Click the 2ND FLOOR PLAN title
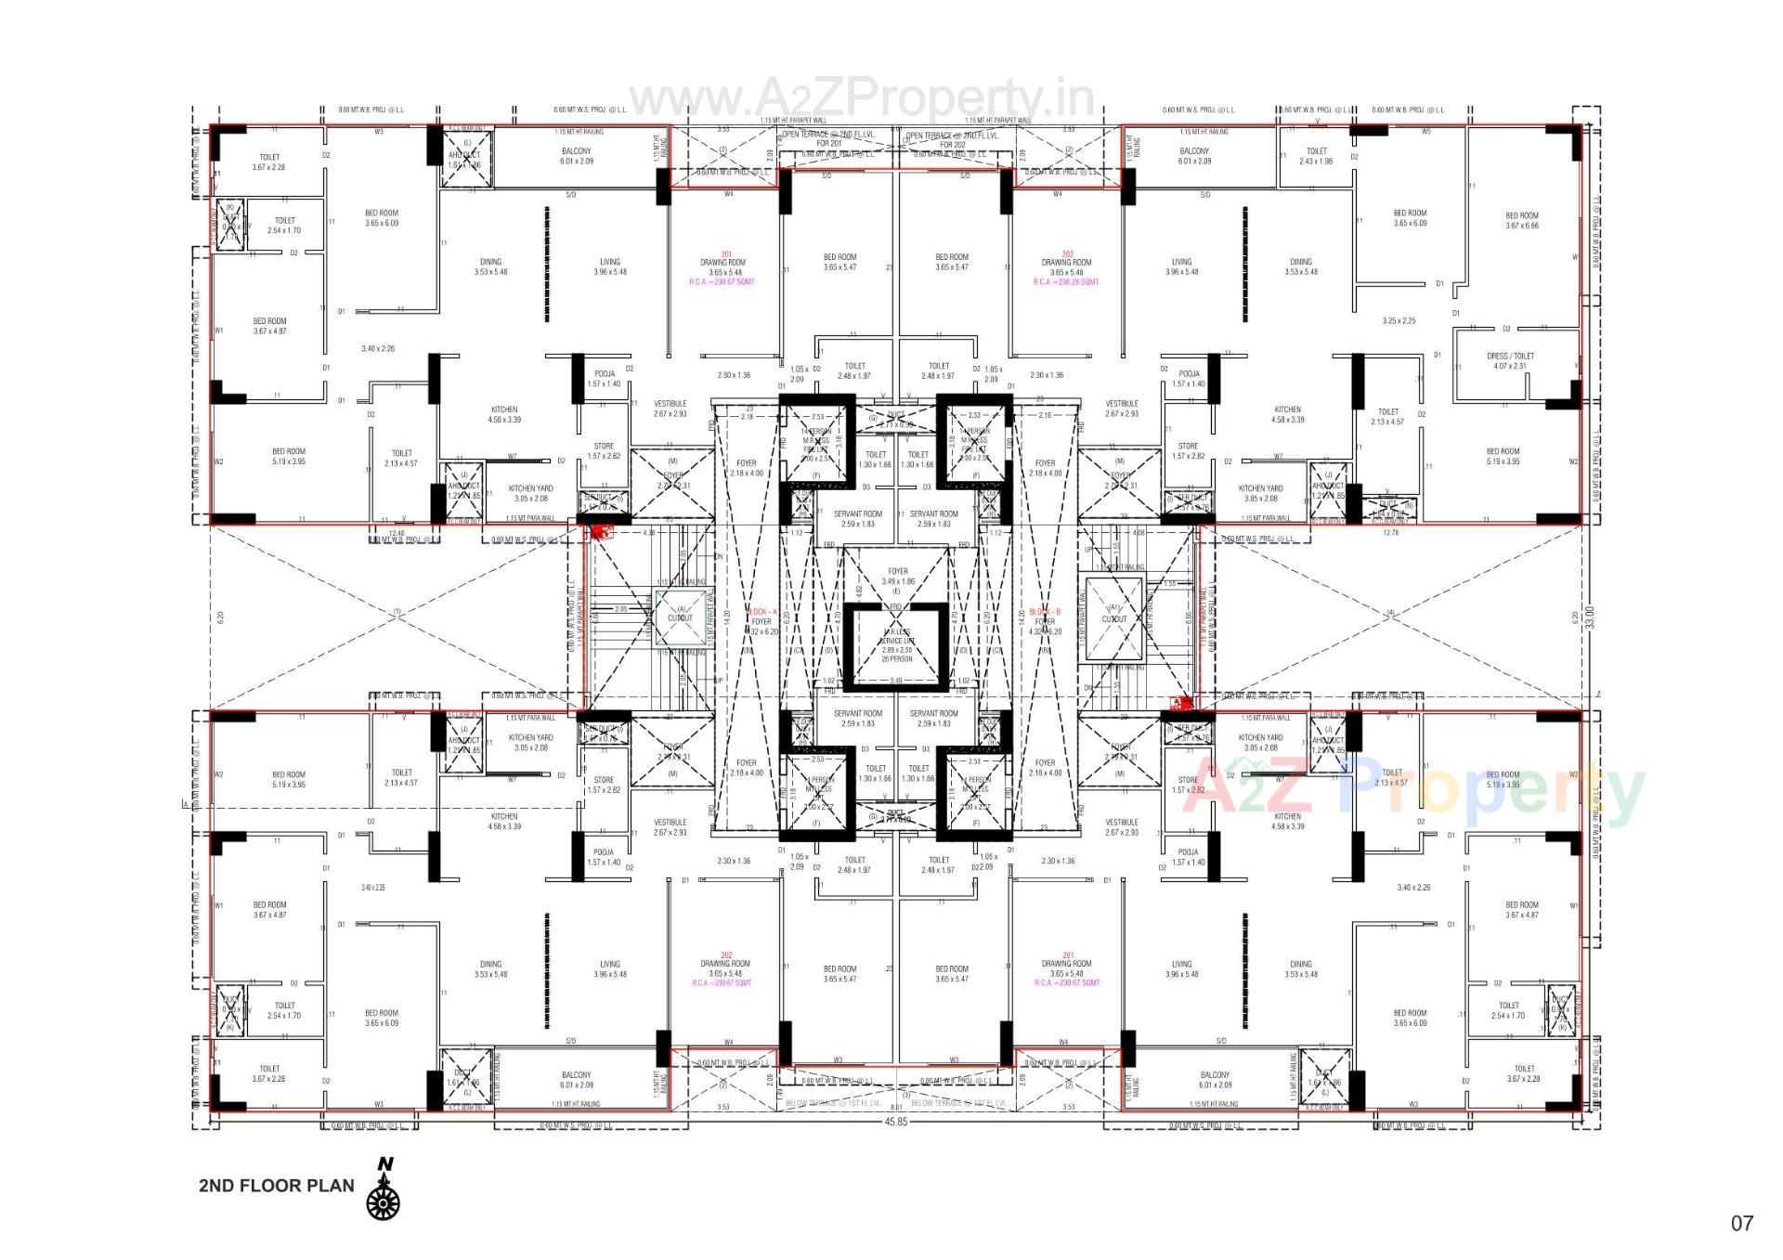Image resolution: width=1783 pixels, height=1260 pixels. click(x=276, y=1186)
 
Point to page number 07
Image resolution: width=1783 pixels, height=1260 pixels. click(x=1741, y=1223)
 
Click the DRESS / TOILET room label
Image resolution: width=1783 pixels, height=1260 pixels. click(x=1510, y=360)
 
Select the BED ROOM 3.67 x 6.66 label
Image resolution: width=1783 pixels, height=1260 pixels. click(x=1521, y=220)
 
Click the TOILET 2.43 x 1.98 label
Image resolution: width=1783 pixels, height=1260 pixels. click(x=1316, y=156)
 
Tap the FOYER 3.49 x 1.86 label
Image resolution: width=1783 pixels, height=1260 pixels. click(x=897, y=577)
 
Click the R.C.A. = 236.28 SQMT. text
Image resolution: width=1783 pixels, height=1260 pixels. click(x=1066, y=281)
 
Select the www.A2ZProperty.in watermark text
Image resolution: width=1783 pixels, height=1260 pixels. click(x=861, y=97)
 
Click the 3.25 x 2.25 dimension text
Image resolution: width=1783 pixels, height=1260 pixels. click(x=1399, y=321)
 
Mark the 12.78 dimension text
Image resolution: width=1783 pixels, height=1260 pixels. click(x=1390, y=533)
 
